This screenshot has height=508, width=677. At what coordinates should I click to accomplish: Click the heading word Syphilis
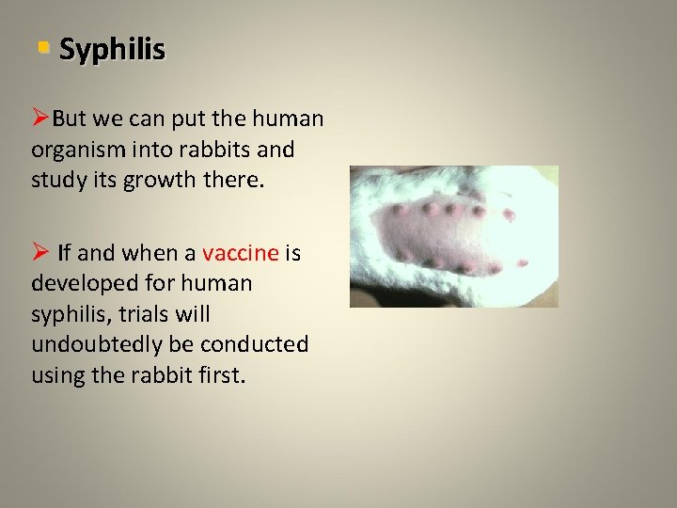coord(112,49)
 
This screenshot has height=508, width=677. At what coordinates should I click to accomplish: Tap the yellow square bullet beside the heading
coord(42,47)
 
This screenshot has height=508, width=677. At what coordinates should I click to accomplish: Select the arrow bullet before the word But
coord(40,119)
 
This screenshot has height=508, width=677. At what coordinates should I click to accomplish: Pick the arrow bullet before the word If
coord(40,252)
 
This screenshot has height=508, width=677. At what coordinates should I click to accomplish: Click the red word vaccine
coord(240,252)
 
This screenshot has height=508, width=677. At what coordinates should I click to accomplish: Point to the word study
coord(57,179)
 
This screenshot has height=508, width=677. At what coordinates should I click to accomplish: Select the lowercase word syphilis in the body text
coord(68,313)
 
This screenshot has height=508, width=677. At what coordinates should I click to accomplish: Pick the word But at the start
coord(69,119)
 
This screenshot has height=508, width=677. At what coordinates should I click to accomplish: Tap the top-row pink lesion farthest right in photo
coord(509,214)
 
